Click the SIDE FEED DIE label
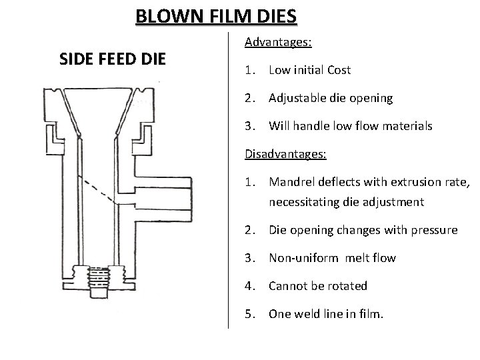tap(112, 59)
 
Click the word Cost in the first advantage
tap(339, 70)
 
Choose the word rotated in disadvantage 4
tap(347, 286)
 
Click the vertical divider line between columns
tap(229, 180)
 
